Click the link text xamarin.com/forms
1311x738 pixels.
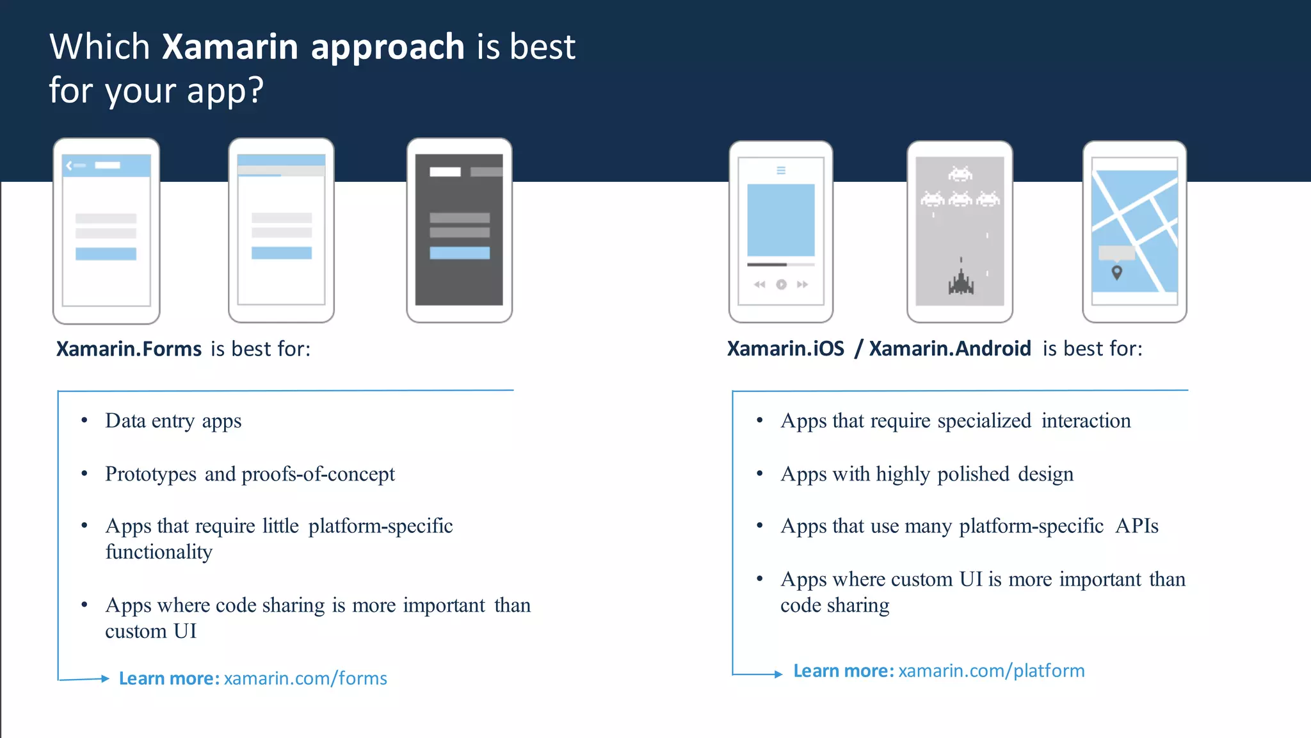tap(305, 678)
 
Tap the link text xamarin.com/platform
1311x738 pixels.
tap(992, 671)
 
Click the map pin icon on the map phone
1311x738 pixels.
tap(1117, 273)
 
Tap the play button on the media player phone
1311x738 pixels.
tap(781, 284)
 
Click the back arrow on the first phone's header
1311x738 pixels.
tap(69, 165)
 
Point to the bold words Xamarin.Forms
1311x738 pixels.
tap(129, 349)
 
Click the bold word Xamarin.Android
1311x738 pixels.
tap(950, 349)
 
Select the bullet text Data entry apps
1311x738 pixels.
tap(173, 421)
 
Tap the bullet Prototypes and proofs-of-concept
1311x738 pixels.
tap(250, 474)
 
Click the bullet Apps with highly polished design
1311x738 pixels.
tap(927, 474)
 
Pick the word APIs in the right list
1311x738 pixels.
tap(1137, 526)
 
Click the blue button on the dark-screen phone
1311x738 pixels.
tap(460, 253)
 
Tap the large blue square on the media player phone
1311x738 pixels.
tap(781, 220)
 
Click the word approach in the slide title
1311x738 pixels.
tap(388, 48)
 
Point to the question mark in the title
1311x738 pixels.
tap(256, 90)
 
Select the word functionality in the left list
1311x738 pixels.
tap(159, 552)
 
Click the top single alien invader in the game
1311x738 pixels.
tap(960, 174)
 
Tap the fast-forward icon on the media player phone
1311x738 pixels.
tap(802, 284)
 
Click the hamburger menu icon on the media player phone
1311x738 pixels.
tap(781, 170)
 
